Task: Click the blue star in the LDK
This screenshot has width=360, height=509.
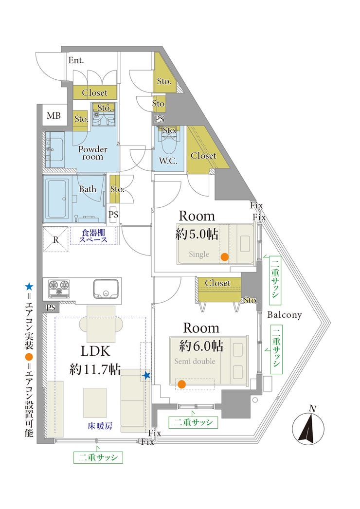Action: [x=146, y=375]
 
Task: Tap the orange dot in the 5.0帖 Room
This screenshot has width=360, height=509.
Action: [x=224, y=257]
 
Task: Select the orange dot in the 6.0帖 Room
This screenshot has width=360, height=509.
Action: [x=181, y=384]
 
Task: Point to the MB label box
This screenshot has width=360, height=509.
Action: [x=54, y=116]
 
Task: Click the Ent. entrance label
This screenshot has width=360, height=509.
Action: [x=76, y=61]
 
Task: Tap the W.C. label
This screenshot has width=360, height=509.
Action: [x=168, y=161]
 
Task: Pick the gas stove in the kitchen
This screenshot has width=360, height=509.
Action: [x=58, y=289]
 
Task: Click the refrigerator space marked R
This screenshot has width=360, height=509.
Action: [x=55, y=239]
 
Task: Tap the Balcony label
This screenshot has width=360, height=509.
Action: [x=285, y=315]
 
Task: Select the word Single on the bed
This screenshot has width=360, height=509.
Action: [x=199, y=254]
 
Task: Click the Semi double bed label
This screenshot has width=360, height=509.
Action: [x=194, y=362]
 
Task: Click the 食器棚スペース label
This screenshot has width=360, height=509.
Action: [x=94, y=236]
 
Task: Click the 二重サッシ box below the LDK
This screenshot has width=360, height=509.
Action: [x=98, y=457]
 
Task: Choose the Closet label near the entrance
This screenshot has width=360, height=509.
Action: [x=94, y=92]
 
